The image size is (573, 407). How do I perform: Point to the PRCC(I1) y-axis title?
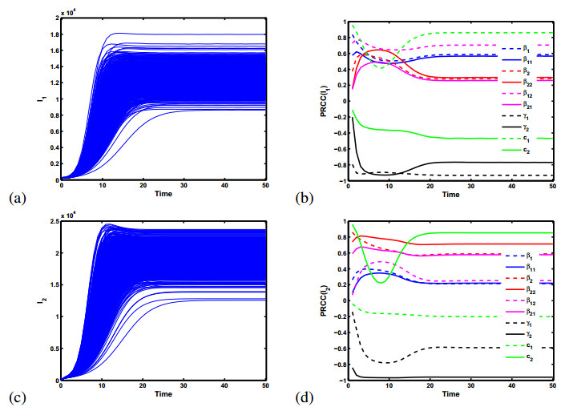(325, 100)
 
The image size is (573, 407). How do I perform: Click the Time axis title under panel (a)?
(163, 195)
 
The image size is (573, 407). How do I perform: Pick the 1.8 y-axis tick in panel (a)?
(52, 34)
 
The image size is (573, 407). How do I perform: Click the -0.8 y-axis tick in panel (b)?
(337, 165)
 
